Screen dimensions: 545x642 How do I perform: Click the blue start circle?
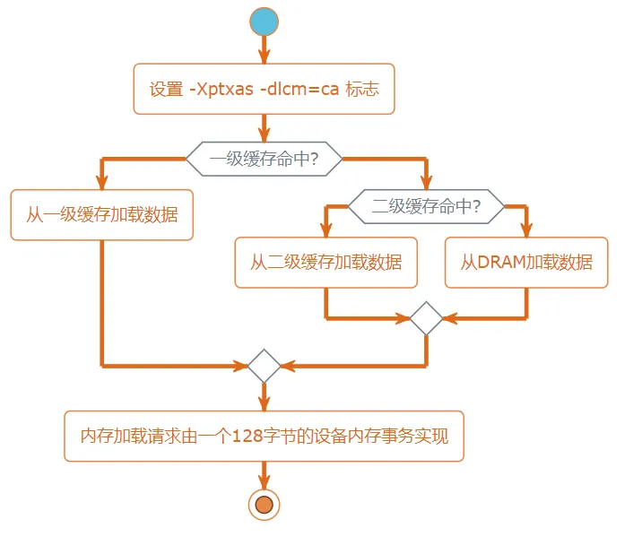(x=264, y=22)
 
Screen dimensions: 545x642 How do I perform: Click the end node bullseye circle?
(x=264, y=506)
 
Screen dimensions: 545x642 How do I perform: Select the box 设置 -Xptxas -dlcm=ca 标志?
(x=264, y=89)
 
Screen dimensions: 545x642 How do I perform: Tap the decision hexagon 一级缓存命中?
(x=264, y=160)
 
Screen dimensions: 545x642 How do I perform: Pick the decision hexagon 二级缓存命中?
(x=426, y=206)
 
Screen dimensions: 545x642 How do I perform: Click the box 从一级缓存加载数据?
(x=101, y=215)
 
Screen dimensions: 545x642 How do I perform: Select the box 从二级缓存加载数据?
(x=325, y=262)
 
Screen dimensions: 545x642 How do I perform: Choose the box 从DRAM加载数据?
(x=526, y=262)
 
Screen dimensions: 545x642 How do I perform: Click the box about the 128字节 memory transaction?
(x=264, y=437)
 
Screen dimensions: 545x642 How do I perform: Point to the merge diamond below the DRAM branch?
(x=426, y=318)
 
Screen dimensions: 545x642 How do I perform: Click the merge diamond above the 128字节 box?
(x=264, y=366)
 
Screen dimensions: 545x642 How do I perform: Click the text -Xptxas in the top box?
(x=222, y=90)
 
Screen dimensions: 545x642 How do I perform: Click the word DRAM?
(x=501, y=263)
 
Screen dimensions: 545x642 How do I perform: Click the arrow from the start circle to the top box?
(x=264, y=50)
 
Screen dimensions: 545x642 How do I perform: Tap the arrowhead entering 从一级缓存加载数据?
(x=101, y=183)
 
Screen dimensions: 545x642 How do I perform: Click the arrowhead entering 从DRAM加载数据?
(x=526, y=230)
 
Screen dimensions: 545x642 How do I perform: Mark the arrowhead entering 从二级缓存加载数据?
(x=325, y=230)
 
